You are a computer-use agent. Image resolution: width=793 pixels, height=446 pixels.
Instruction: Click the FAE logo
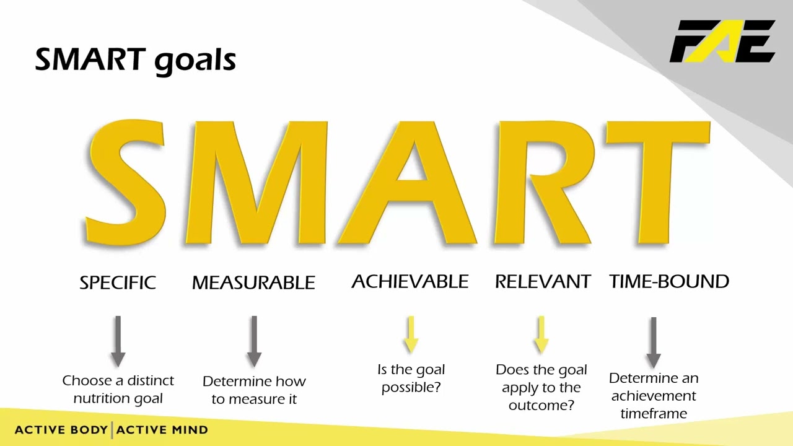click(722, 42)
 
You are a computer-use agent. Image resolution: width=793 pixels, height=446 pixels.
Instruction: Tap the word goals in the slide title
click(195, 61)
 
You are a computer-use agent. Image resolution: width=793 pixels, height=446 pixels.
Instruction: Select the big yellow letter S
click(125, 182)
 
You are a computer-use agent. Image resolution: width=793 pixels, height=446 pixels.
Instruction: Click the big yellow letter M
click(256, 183)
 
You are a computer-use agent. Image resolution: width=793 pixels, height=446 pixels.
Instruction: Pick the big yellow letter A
click(407, 183)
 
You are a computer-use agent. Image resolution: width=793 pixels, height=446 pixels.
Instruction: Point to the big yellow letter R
click(544, 183)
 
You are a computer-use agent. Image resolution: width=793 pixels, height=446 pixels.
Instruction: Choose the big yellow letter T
click(658, 183)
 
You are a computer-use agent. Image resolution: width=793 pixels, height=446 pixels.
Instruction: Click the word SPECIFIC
click(118, 282)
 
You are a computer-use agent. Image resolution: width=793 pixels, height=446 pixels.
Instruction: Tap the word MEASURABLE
click(253, 282)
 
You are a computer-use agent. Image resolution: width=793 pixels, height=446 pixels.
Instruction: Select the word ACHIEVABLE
click(410, 281)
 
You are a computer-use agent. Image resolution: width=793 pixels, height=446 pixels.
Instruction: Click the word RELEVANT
click(543, 281)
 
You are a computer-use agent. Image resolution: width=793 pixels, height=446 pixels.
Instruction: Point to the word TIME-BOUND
click(669, 281)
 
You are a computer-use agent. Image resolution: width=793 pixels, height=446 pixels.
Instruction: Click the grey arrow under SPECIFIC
click(118, 341)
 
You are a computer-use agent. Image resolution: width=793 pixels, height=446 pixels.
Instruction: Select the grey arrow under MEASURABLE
click(254, 341)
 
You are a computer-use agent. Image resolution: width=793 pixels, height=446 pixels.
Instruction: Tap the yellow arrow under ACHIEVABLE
click(411, 334)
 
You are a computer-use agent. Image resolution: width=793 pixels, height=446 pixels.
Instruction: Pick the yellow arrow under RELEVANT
click(541, 334)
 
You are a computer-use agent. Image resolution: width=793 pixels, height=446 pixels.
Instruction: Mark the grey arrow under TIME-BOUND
click(654, 343)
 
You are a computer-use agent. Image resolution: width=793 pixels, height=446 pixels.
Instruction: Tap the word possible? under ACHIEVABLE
click(411, 388)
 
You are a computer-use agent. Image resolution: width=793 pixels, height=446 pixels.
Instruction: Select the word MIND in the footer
click(190, 430)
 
